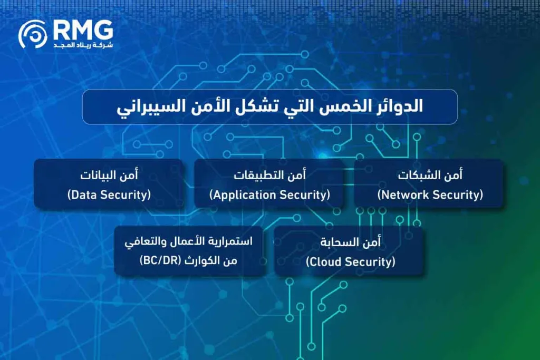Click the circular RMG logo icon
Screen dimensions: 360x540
click(x=33, y=34)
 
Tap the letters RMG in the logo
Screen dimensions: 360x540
click(x=82, y=30)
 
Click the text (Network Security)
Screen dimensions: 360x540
click(x=430, y=195)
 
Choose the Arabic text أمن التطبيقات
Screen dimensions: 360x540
click(x=270, y=175)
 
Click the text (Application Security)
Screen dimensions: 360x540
click(x=269, y=195)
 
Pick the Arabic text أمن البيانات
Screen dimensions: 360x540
click(x=109, y=175)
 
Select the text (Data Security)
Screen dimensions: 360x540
click(x=109, y=195)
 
